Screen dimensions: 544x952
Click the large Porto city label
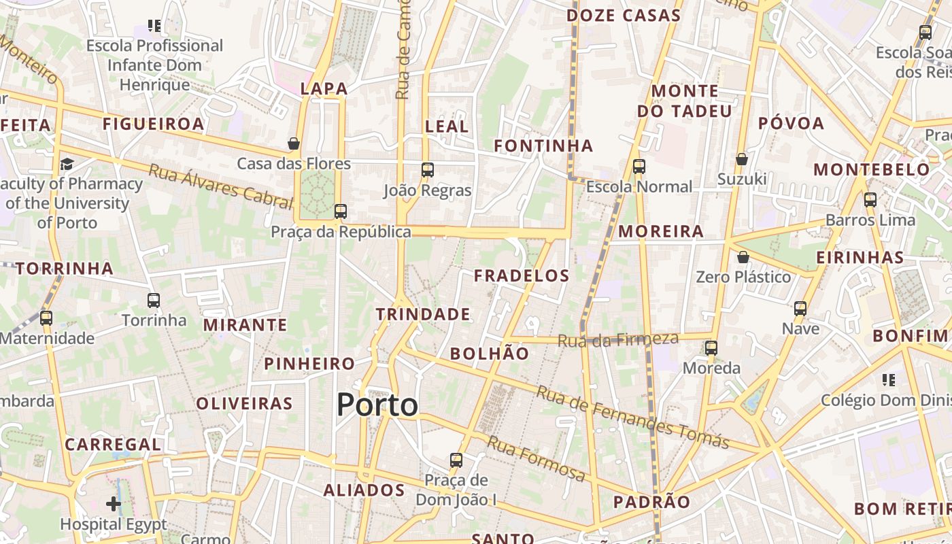pos(377,405)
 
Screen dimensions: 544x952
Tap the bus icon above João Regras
pos(428,170)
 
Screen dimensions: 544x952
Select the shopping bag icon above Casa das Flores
pos(294,143)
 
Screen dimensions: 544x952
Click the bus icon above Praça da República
pos(341,211)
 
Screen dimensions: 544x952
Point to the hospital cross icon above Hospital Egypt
pos(114,504)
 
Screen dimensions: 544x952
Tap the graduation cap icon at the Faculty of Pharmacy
pos(67,164)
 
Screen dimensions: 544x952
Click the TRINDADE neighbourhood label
pos(423,314)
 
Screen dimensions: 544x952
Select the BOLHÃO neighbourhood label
pos(490,354)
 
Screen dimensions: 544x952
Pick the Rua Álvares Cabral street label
pos(221,186)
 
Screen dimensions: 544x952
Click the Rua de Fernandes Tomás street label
pos(632,418)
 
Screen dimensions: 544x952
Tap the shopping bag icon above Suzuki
pos(742,159)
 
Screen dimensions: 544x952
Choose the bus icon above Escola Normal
pos(639,167)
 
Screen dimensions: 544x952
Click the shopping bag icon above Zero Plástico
pos(743,257)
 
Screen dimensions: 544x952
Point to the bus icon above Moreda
pos(711,348)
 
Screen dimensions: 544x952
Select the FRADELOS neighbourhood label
pos(522,275)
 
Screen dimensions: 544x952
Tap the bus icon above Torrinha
pos(154,300)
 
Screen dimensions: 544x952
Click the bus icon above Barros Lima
pos(870,200)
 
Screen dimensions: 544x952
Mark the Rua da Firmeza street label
pos(618,339)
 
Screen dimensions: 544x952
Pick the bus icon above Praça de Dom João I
pos(456,460)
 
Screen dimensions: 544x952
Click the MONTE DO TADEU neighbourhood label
pos(685,101)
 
